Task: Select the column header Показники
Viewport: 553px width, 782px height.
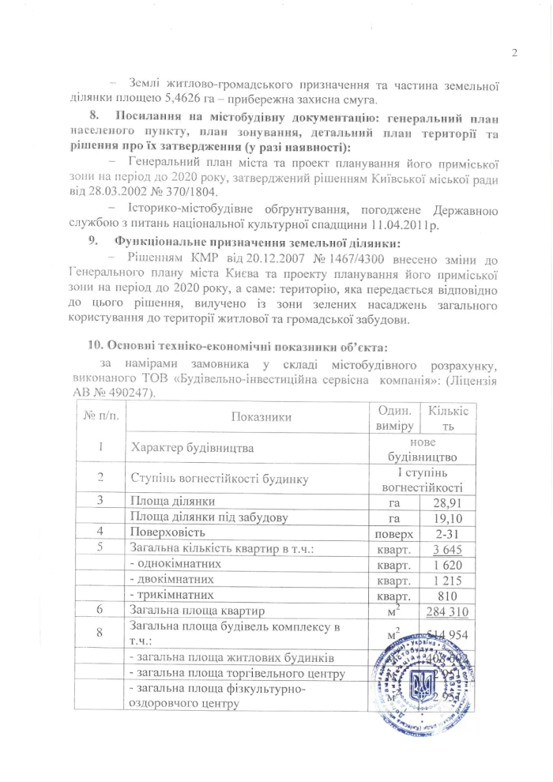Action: pyautogui.click(x=251, y=415)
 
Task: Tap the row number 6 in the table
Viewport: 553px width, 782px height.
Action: pyautogui.click(x=100, y=610)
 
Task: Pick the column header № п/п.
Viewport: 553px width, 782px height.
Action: pyautogui.click(x=100, y=415)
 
